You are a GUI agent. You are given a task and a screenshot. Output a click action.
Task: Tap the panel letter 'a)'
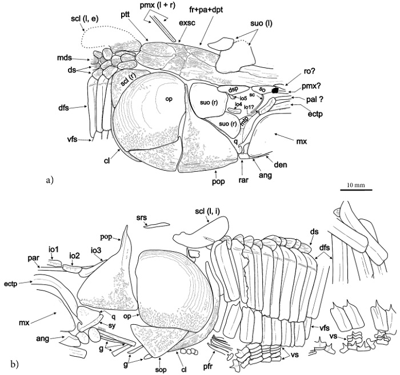point(49,180)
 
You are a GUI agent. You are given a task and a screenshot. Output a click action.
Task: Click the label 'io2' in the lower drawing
point(75,255)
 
